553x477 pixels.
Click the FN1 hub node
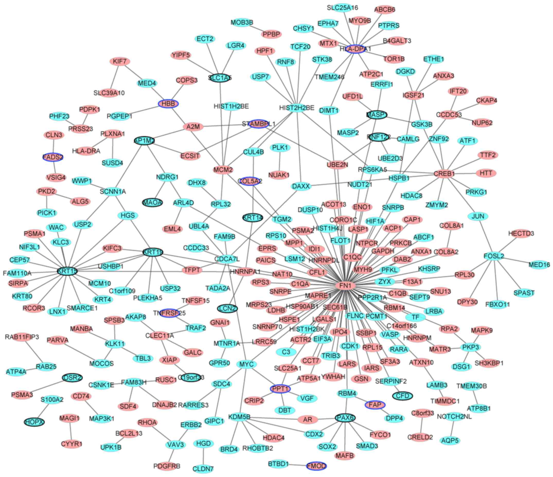click(345, 286)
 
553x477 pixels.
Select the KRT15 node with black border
click(67, 271)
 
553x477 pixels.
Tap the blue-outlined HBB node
click(168, 104)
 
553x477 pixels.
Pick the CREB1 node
click(444, 174)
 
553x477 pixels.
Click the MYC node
click(246, 364)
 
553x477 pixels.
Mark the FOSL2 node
click(494, 256)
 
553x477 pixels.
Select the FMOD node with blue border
click(317, 466)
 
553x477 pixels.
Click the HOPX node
click(34, 422)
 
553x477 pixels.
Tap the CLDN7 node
click(203, 469)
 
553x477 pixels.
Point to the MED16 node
click(539, 265)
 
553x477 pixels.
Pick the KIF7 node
click(120, 62)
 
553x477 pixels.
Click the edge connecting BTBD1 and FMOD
click(298, 465)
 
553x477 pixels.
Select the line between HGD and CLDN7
click(203, 456)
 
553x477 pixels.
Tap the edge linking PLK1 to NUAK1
click(280, 161)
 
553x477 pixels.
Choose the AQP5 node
click(450, 440)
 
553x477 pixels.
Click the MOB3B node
click(242, 22)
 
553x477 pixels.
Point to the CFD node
click(403, 396)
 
